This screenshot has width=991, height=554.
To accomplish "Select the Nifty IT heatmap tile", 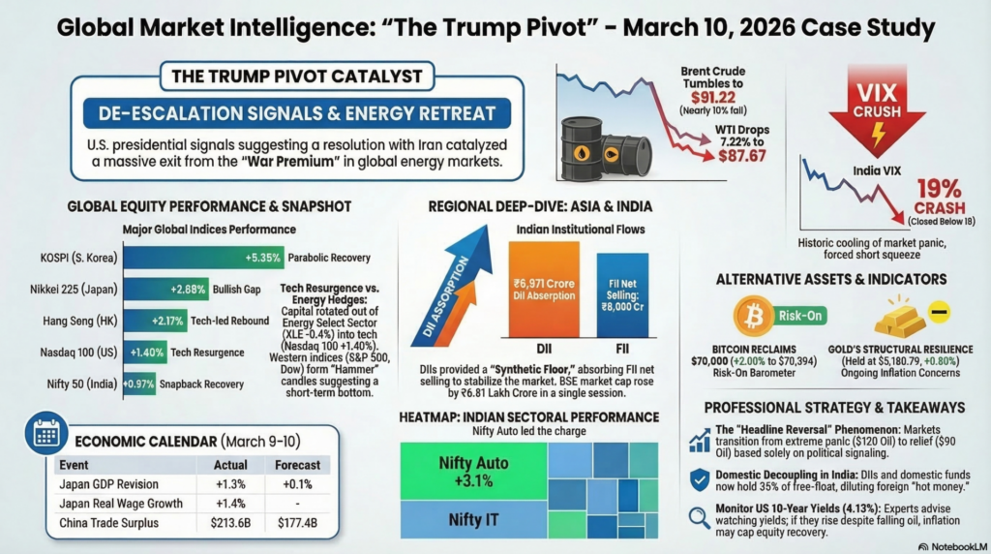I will (472, 519).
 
